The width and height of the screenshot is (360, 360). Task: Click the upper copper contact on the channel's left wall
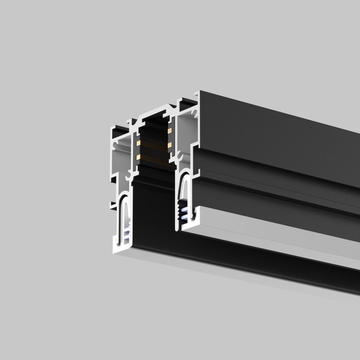[138, 142]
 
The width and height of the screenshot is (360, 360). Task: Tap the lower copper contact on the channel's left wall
[138, 157]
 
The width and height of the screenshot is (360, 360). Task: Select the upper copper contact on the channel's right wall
[169, 131]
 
